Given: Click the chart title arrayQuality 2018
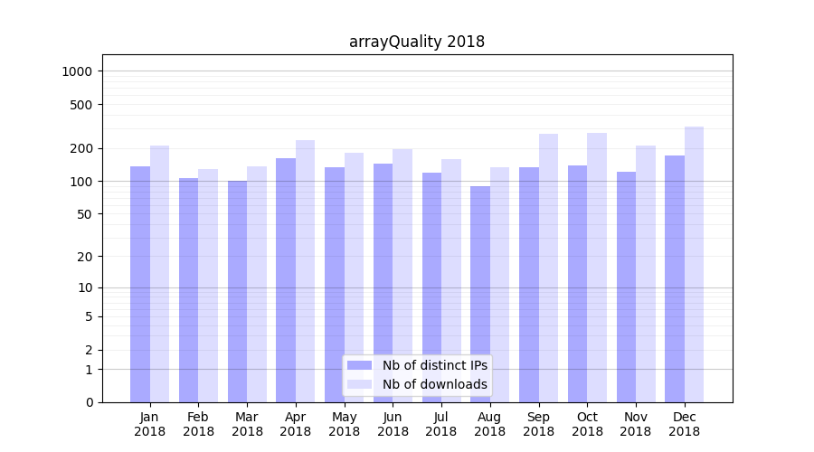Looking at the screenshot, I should click(417, 42).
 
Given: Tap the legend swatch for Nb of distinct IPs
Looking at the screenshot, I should click(360, 365).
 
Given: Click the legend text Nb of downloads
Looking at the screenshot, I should click(435, 384).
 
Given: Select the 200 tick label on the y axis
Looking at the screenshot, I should click(82, 148).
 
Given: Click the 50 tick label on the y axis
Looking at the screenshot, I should click(86, 214).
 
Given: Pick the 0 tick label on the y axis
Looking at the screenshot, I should click(90, 402).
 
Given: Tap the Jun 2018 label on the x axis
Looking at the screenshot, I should click(393, 424).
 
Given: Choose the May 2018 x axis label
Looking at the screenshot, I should click(344, 424).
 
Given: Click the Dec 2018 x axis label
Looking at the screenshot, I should click(684, 424).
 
